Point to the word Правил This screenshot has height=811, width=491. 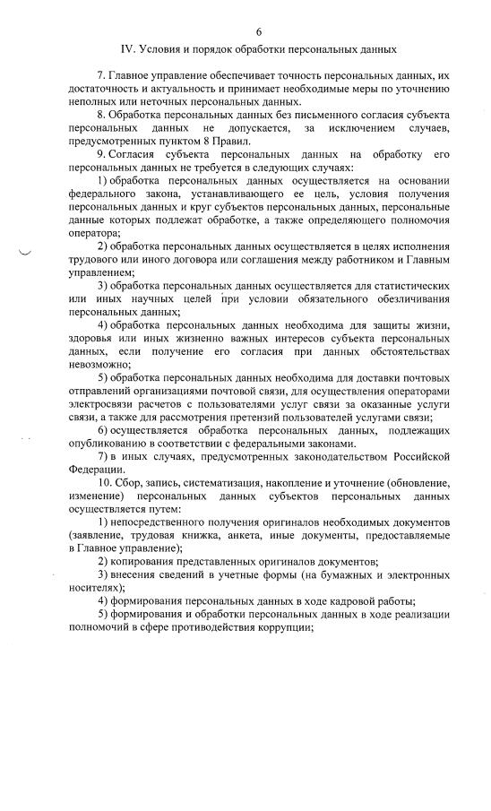click(x=231, y=142)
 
